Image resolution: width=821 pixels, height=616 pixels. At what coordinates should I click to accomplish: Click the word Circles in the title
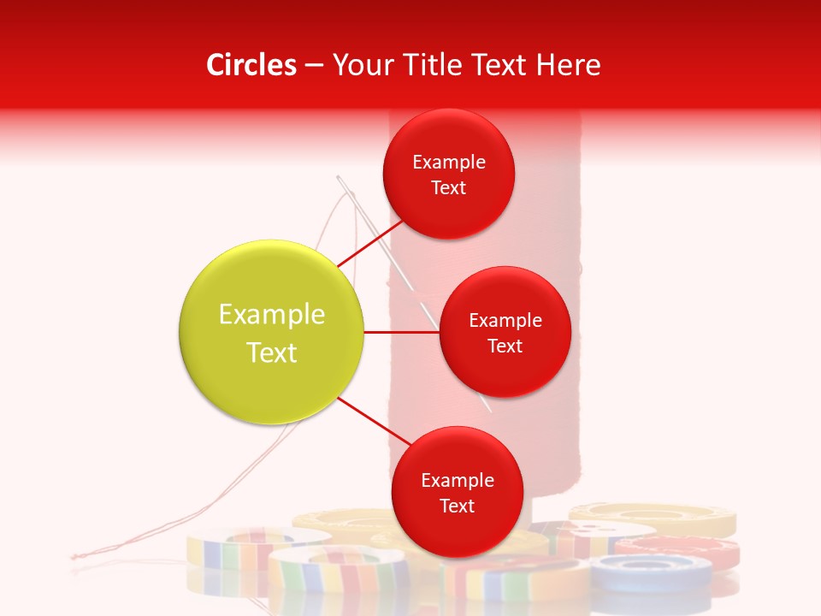pyautogui.click(x=251, y=65)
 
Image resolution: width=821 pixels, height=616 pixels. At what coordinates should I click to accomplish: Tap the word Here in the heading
pyautogui.click(x=569, y=65)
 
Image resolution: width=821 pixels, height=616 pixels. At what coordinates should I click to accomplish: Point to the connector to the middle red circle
pyautogui.click(x=401, y=332)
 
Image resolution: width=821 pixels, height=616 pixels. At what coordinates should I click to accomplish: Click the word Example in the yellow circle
pyautogui.click(x=272, y=315)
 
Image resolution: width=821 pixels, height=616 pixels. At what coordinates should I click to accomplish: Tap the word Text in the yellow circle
pyautogui.click(x=272, y=352)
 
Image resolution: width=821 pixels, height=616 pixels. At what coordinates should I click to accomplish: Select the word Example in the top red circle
pyautogui.click(x=449, y=163)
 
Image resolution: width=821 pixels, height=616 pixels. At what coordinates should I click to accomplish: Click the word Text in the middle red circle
pyautogui.click(x=505, y=346)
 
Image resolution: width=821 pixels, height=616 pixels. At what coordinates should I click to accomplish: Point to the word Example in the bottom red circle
pyautogui.click(x=458, y=481)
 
